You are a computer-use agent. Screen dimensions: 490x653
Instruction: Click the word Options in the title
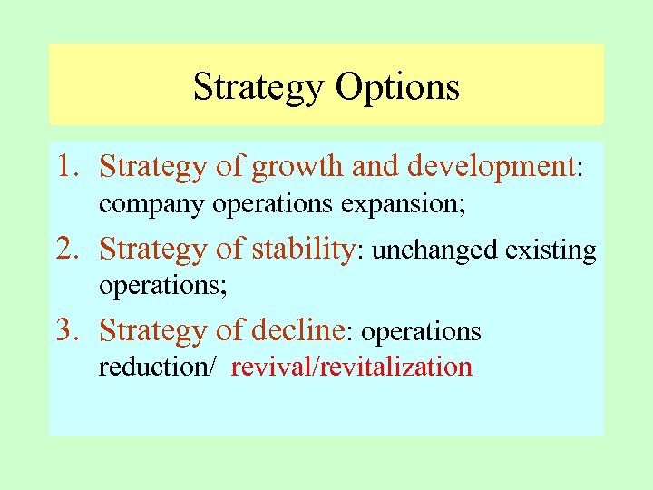(x=397, y=88)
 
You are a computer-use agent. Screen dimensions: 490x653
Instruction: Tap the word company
(x=153, y=205)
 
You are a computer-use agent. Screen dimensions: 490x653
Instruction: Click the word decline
(x=298, y=329)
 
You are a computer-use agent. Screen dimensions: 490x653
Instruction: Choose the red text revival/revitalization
(x=351, y=367)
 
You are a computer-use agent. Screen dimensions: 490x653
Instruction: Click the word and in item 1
(x=376, y=167)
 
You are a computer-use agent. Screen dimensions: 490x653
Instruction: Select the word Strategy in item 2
(x=155, y=249)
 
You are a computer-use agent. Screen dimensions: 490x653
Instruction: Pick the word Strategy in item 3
(x=155, y=330)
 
